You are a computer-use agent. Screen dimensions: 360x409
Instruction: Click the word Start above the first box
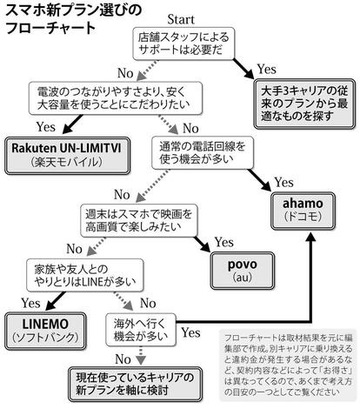click(181, 19)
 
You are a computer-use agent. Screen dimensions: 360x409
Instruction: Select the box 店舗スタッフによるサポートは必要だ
click(183, 44)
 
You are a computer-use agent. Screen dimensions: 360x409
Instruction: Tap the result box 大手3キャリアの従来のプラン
click(304, 104)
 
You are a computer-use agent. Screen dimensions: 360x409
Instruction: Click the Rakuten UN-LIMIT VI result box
click(67, 156)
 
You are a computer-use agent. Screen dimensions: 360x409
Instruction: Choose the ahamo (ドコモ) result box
click(303, 211)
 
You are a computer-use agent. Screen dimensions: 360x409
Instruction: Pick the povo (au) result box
click(243, 271)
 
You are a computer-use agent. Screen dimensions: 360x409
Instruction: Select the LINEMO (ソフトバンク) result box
click(45, 331)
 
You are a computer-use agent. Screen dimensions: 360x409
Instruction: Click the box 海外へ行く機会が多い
click(141, 330)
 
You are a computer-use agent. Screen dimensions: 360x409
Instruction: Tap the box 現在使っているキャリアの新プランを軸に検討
click(135, 384)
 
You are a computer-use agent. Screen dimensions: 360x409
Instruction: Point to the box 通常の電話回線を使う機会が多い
click(203, 153)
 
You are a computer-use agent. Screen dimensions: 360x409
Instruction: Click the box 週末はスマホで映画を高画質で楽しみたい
click(139, 220)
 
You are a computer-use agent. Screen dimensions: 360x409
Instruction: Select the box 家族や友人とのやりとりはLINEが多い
click(85, 275)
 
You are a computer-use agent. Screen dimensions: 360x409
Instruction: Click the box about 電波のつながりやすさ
click(115, 98)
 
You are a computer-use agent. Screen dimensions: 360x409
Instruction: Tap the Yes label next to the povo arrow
click(223, 242)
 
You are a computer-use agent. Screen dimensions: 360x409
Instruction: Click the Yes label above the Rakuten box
click(46, 127)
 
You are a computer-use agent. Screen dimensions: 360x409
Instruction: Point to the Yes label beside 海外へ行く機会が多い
click(190, 332)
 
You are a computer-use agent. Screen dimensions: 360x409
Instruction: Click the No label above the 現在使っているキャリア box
click(123, 359)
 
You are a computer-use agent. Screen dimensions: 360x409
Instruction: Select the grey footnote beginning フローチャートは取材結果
click(288, 365)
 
